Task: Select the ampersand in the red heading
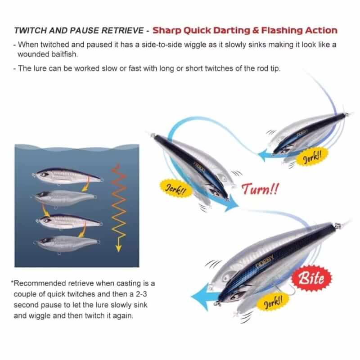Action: point(256,31)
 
